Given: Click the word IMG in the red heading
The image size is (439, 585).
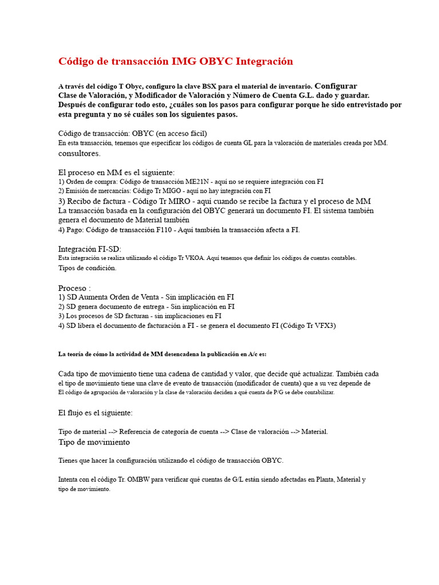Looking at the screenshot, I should pos(182,62).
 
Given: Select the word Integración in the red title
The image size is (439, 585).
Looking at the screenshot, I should pos(264,62).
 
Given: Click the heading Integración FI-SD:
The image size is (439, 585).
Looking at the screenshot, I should pos(90,249).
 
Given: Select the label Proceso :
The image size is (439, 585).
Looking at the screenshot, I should pos(74,288).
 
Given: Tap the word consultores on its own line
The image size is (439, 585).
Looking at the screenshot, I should pos(79,153).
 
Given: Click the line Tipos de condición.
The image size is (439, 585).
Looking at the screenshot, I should pos(87,268).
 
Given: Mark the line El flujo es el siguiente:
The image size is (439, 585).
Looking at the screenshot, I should pos(95,412).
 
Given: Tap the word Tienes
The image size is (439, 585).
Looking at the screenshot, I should pos(70,460).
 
